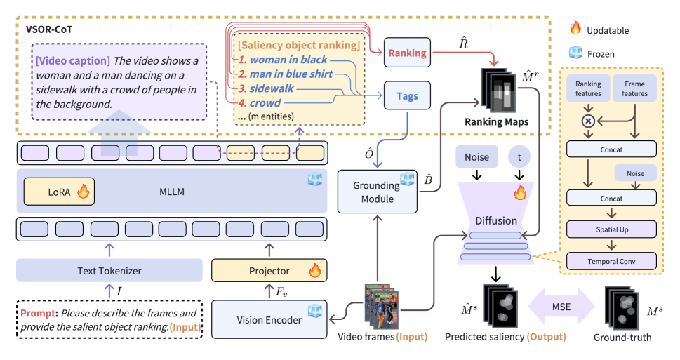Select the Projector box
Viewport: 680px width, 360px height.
pyautogui.click(x=270, y=271)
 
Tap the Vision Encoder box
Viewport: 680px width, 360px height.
pyautogui.click(x=270, y=319)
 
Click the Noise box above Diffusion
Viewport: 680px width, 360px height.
pyautogui.click(x=477, y=157)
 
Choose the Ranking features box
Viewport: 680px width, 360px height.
pyautogui.click(x=587, y=89)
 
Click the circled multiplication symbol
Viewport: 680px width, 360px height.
pyautogui.click(x=587, y=121)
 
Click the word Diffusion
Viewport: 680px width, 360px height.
pyautogui.click(x=496, y=220)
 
